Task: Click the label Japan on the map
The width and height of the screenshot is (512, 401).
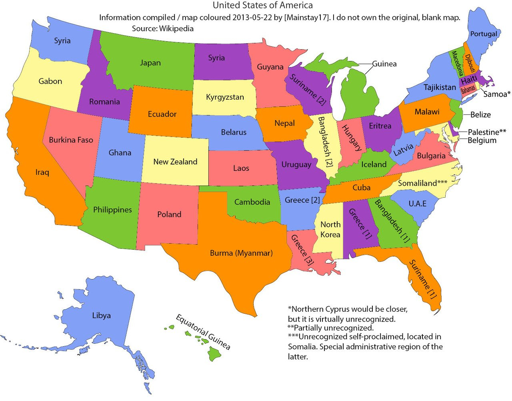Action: (x=150, y=63)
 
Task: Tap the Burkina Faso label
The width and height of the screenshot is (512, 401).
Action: (x=71, y=140)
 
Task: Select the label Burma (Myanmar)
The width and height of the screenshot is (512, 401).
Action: (x=241, y=253)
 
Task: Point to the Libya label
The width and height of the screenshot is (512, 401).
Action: (x=101, y=315)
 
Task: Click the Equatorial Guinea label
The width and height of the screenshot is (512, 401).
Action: (x=203, y=332)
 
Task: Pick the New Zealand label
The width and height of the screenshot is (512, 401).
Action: (x=175, y=162)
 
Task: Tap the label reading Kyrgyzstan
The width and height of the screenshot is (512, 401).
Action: (x=225, y=97)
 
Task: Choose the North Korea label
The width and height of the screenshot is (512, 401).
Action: (x=330, y=229)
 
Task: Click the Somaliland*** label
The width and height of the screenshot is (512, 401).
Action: (x=422, y=183)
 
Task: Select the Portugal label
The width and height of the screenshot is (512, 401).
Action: (x=484, y=34)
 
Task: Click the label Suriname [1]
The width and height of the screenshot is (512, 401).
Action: (x=422, y=279)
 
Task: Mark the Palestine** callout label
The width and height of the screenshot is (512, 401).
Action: (x=487, y=132)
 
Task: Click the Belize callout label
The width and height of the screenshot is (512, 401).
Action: (x=480, y=115)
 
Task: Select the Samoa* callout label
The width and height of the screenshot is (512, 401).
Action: (x=497, y=94)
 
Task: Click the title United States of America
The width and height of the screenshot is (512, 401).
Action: (x=262, y=5)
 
